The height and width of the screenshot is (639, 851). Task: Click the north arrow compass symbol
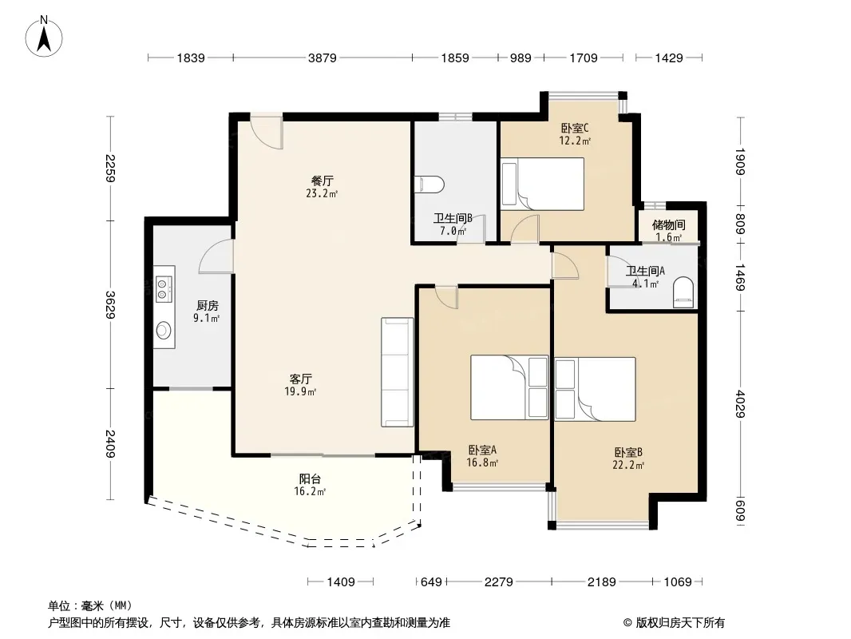point(44,37)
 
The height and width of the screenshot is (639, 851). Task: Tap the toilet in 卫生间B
point(429,185)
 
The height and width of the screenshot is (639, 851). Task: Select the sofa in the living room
point(398,372)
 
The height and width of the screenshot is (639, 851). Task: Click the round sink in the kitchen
point(164,330)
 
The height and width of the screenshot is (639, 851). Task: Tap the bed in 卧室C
point(542,184)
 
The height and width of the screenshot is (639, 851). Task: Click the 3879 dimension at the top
point(323,58)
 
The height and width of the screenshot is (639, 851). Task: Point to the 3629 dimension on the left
point(110,305)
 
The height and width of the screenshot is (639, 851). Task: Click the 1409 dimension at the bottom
point(341,582)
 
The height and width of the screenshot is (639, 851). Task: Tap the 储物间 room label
point(668,224)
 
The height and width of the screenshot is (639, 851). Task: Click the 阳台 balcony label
point(310,478)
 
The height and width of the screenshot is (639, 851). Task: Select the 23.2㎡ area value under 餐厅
point(322,193)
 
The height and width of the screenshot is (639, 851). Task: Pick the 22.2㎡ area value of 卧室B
point(628,465)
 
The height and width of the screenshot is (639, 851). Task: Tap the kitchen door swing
point(217,256)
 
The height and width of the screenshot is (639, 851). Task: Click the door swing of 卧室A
point(447,297)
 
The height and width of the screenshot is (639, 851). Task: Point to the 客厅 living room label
point(300,379)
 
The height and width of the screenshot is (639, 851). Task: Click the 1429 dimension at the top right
point(669,58)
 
